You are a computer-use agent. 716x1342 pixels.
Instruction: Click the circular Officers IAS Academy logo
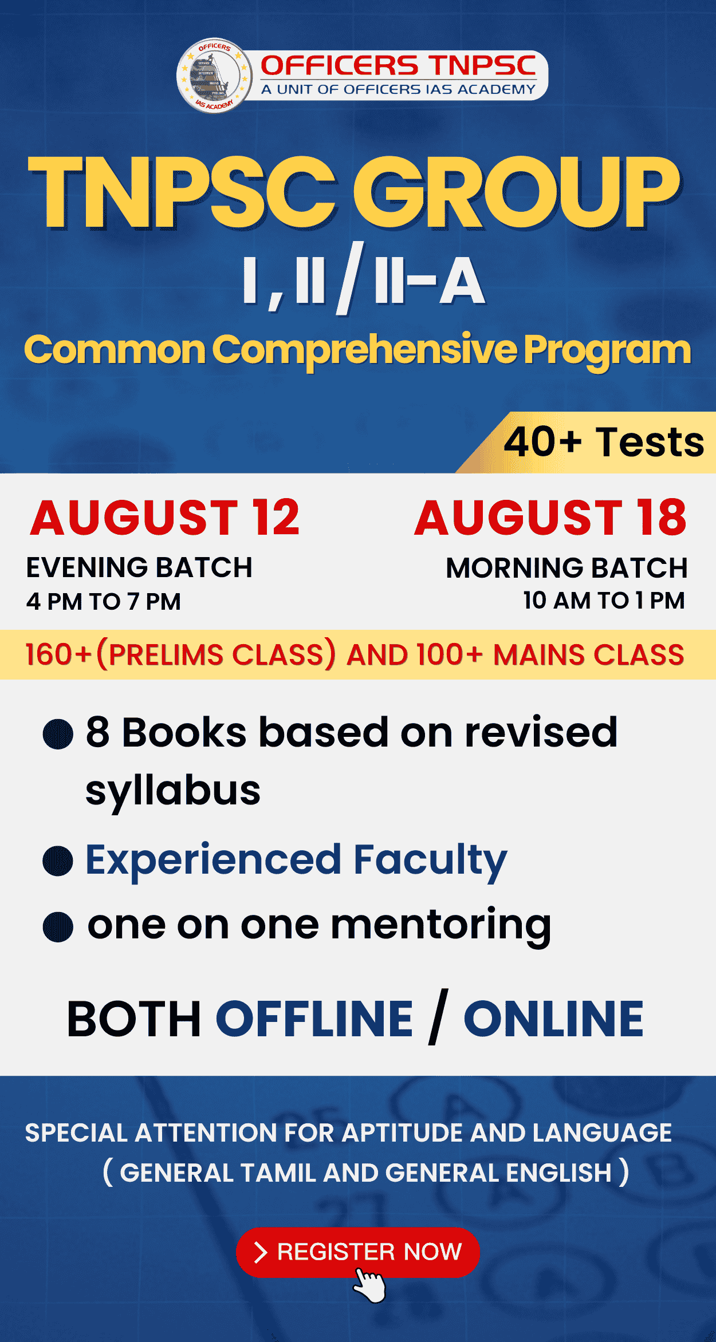(214, 76)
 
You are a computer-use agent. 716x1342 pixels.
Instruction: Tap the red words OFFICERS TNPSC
(399, 66)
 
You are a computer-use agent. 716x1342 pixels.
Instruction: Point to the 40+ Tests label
(604, 442)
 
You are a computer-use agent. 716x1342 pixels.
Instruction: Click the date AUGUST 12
(165, 518)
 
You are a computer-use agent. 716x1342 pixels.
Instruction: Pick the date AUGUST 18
(550, 518)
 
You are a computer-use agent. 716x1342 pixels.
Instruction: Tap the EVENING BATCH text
(139, 567)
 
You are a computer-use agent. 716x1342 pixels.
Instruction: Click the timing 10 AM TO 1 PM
(604, 601)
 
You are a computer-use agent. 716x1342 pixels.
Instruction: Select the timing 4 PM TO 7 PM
(104, 602)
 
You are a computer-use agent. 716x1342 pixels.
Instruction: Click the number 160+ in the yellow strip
(58, 654)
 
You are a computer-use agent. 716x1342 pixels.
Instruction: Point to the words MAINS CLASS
(589, 654)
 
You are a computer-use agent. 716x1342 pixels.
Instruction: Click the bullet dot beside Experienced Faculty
(58, 861)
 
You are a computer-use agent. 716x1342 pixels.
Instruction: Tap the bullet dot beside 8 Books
(58, 734)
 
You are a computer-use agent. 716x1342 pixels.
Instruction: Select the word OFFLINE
(314, 1019)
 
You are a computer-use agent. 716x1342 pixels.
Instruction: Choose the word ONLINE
(553, 1019)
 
